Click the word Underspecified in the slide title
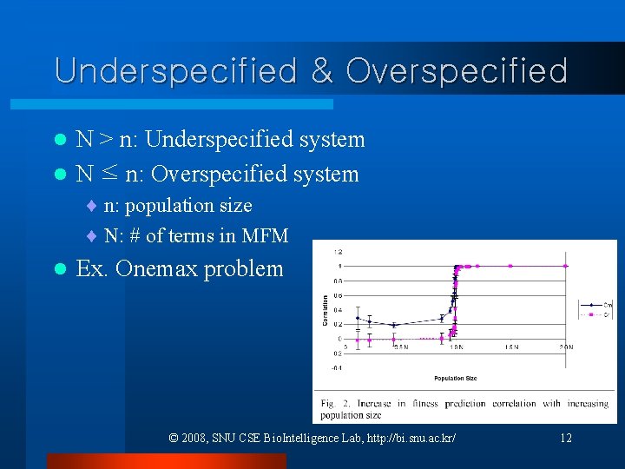(x=174, y=71)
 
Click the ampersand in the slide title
(x=321, y=71)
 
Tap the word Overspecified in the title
(x=457, y=71)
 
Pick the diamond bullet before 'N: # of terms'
(x=93, y=235)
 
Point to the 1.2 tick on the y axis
(x=339, y=251)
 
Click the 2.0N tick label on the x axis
(x=566, y=347)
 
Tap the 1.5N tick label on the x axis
(x=511, y=347)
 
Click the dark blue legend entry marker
(x=591, y=305)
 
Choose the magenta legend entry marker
(x=591, y=315)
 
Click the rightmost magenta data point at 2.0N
(x=566, y=266)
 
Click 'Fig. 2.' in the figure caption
(x=333, y=403)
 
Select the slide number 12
(x=566, y=438)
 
